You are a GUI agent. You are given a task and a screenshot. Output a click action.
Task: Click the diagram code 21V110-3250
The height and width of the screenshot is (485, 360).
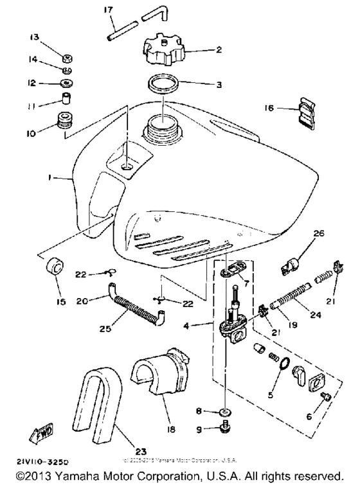40,461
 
